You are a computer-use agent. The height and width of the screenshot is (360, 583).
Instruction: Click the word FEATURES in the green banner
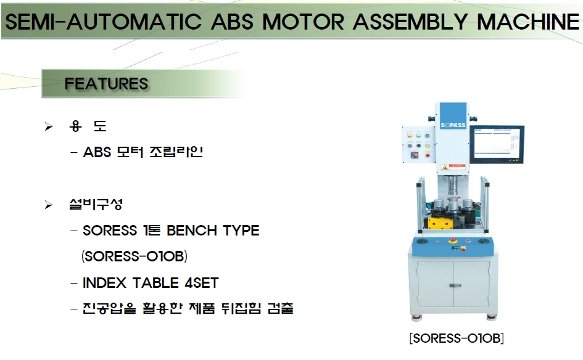click(x=106, y=84)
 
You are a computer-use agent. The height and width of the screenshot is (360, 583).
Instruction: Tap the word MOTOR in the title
click(x=304, y=22)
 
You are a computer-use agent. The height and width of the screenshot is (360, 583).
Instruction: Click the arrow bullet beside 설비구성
click(x=48, y=205)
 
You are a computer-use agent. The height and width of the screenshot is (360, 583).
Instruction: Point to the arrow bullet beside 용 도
click(x=48, y=127)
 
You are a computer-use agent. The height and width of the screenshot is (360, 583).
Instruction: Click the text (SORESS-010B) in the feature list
click(x=134, y=256)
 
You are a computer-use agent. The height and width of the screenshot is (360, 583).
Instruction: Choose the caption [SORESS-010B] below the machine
click(x=457, y=338)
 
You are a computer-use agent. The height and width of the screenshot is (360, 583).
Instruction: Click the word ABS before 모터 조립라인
click(x=97, y=152)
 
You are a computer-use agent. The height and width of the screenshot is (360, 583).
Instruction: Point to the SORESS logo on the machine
click(x=453, y=125)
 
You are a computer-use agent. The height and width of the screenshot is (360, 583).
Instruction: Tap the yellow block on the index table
click(x=440, y=223)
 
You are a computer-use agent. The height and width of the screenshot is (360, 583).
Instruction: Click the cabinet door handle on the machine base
click(x=455, y=285)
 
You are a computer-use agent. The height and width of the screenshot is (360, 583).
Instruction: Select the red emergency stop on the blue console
click(x=453, y=241)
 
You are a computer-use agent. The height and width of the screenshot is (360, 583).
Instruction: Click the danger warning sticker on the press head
click(x=453, y=167)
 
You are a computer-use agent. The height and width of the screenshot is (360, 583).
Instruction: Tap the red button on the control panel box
click(x=428, y=155)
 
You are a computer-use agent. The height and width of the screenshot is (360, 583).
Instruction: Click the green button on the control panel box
click(x=418, y=136)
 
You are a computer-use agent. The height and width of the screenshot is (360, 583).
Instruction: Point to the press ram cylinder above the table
click(x=453, y=186)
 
